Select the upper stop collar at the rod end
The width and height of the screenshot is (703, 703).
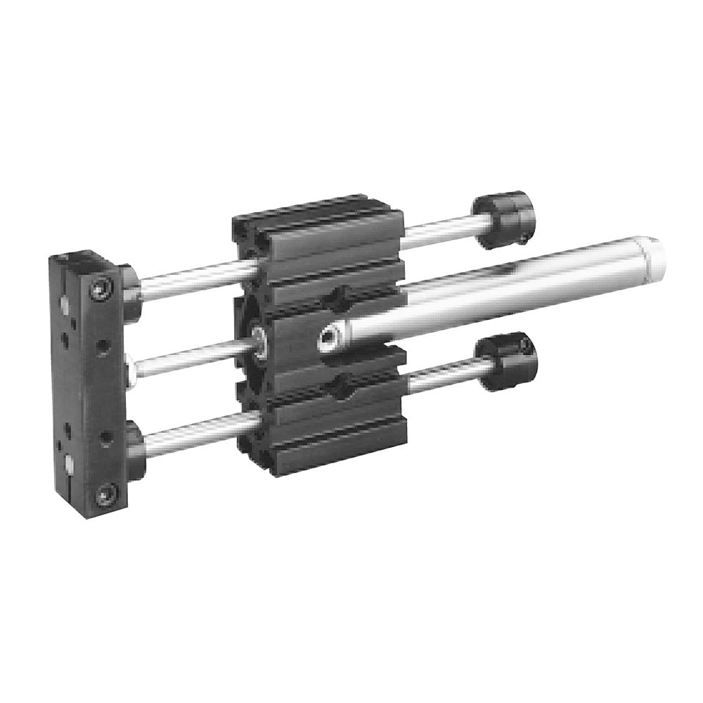502,220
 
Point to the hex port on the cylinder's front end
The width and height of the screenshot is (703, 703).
327,340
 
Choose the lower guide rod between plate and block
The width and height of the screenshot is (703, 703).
197,430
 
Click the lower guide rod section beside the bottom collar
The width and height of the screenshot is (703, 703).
443,376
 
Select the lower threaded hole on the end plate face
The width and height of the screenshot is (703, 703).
105,435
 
